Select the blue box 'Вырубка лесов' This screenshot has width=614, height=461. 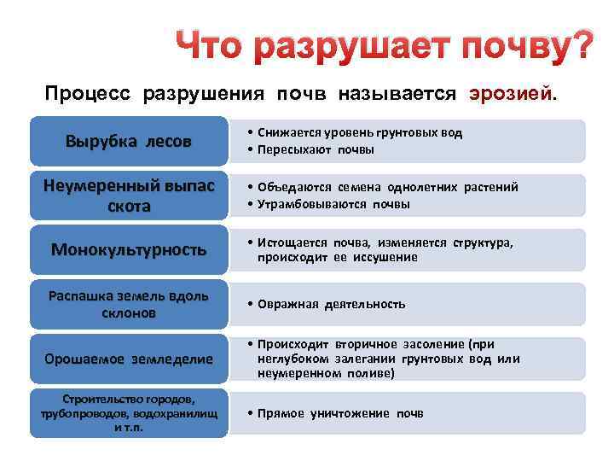[129, 141]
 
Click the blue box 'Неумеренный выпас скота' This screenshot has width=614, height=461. [129, 196]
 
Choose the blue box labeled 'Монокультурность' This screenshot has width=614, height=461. [129, 250]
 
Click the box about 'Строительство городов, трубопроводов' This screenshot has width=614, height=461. [129, 413]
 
